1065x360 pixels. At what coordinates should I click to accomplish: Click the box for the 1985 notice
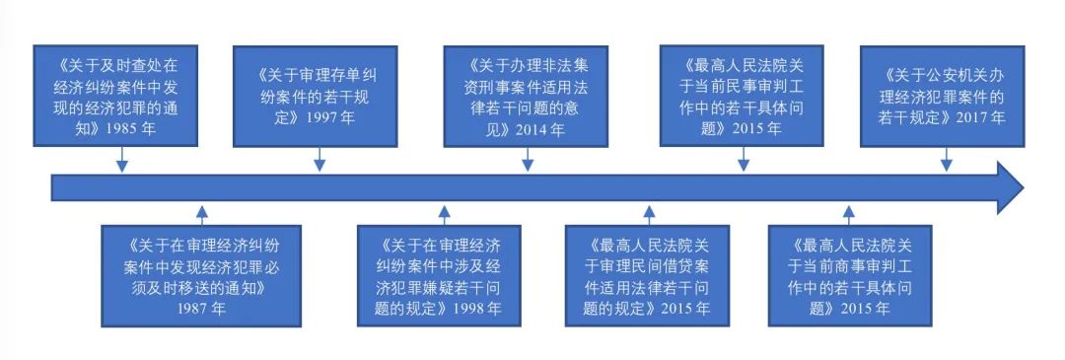pos(121,96)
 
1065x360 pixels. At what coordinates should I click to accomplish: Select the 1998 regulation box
pos(444,274)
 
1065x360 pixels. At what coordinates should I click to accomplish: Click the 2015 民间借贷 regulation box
pos(649,274)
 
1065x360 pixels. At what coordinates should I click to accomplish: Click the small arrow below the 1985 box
pos(121,160)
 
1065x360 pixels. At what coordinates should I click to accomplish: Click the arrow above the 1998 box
pos(444,212)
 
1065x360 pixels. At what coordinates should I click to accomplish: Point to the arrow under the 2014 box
pos(528,160)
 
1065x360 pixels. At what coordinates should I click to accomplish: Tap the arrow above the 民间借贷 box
pos(649,212)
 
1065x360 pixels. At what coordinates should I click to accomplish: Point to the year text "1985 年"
pos(156,127)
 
